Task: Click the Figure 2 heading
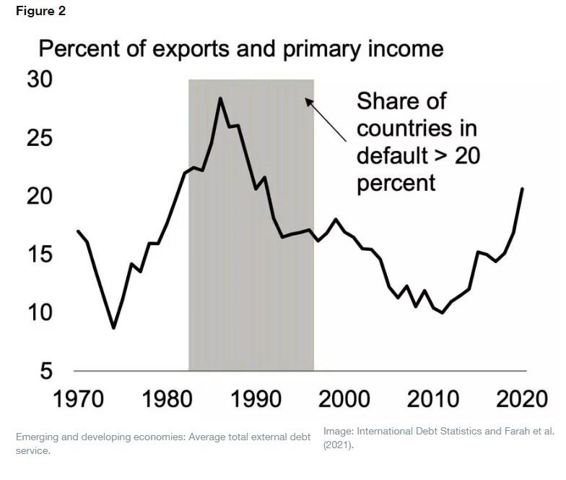click(40, 12)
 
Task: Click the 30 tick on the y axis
click(40, 80)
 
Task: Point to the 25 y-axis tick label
click(40, 137)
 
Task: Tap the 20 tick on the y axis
click(40, 196)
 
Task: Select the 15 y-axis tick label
click(40, 254)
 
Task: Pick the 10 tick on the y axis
click(40, 312)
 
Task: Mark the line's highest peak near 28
click(220, 98)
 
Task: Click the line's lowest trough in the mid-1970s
click(113, 327)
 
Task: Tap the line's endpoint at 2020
click(522, 189)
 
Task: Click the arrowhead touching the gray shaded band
click(308, 102)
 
